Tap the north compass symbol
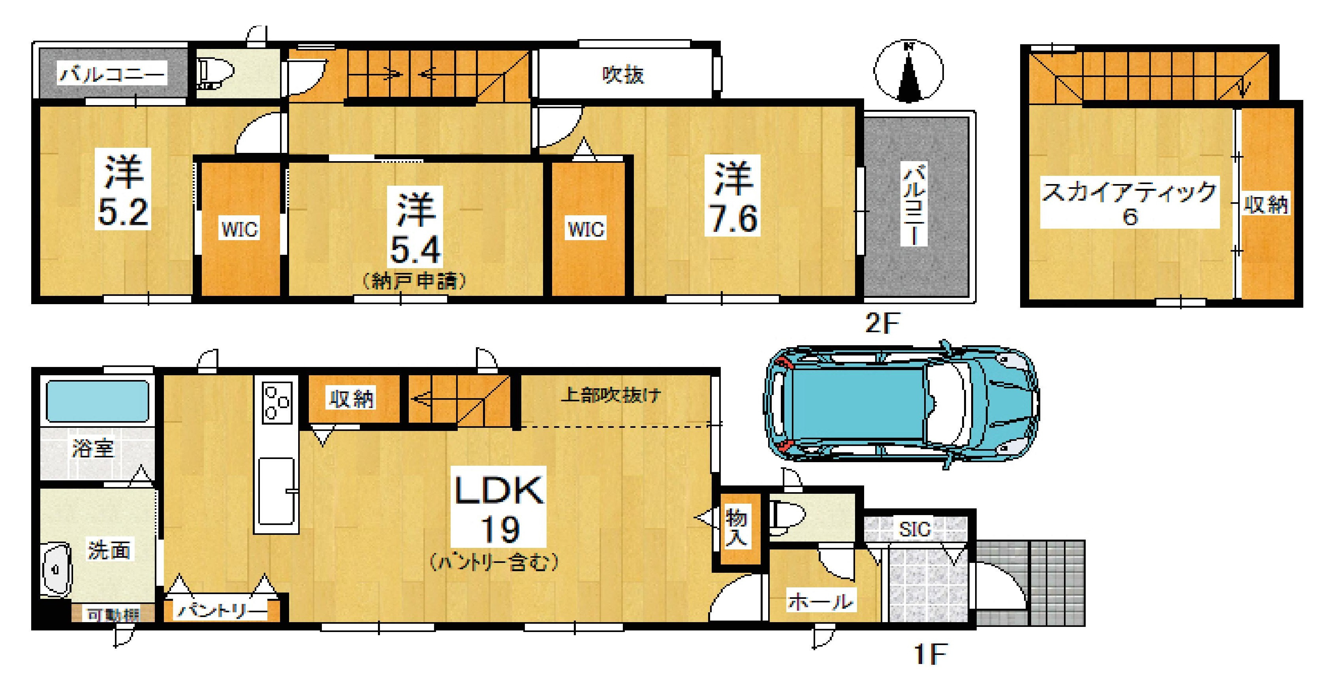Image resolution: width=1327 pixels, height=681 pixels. (x=909, y=71)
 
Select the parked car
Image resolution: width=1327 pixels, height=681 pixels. (x=900, y=404)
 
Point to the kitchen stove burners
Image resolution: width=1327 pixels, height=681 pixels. (x=276, y=402)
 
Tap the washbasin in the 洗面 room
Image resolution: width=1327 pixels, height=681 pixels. (x=56, y=570)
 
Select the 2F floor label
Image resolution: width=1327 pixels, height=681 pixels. (x=882, y=324)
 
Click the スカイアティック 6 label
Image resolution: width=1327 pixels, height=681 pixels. (x=1129, y=202)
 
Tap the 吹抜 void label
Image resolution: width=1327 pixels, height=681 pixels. (x=623, y=75)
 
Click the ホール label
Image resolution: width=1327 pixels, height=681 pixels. (x=820, y=601)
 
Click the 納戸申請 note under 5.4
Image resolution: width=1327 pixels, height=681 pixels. (x=415, y=281)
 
